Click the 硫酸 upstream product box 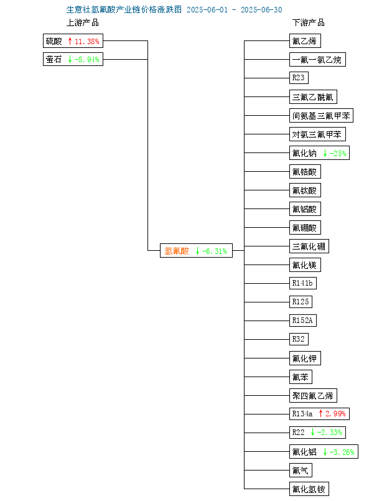pos(73,41)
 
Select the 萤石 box pos(73,59)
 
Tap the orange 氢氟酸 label pos(177,251)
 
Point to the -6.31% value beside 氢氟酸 pos(215,251)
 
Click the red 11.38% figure pos(87,41)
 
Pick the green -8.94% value pos(87,59)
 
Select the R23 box pos(299,78)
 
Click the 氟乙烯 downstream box pos(305,41)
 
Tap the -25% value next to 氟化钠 pos(338,153)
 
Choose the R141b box pos(303,283)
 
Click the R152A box pos(303,320)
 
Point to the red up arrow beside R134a pos(321,413)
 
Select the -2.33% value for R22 pos(330,433)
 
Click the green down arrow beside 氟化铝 pos(325,452)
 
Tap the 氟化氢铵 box pos(309,489)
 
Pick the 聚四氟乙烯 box pos(313,396)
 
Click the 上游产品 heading pos(82,22)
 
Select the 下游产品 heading pos(308,22)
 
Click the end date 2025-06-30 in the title pos(261,10)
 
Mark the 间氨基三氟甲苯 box pos(321,116)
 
